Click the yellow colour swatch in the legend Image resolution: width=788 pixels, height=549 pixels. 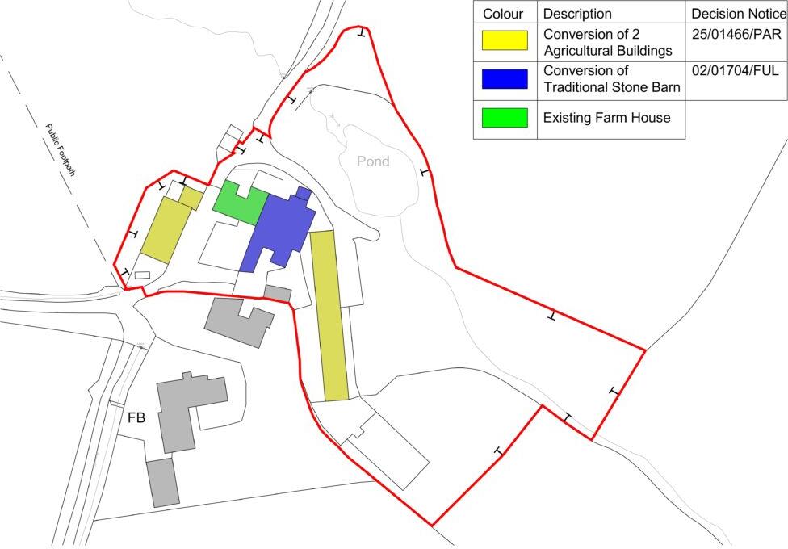505,40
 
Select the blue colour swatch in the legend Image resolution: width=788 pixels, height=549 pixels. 505,79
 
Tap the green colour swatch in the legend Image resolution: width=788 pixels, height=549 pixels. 505,118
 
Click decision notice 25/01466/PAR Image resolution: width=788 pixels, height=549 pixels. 735,35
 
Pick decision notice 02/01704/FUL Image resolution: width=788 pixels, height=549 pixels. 735,71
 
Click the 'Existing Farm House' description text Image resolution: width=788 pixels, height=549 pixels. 606,118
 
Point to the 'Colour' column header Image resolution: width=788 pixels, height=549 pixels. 503,14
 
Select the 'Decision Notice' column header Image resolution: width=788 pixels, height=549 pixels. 738,14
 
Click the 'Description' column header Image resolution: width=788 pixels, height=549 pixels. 577,14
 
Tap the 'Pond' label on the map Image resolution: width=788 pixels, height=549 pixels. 373,161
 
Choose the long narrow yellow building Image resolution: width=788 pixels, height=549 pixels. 329,315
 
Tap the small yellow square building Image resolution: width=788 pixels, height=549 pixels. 191,198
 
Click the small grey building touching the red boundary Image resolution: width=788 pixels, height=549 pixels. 278,293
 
